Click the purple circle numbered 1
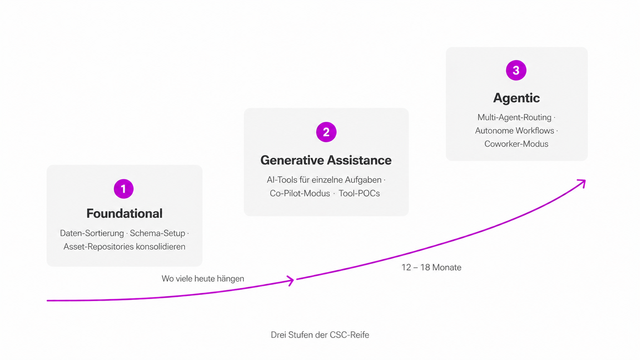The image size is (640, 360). [x=123, y=189]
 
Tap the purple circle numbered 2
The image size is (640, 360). [x=326, y=132]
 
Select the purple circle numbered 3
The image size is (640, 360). [x=516, y=70]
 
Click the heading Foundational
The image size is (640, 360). [x=124, y=213]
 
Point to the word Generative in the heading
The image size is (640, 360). [x=291, y=160]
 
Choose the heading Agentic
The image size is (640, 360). [x=516, y=98]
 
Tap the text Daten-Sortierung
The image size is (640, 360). [x=92, y=233]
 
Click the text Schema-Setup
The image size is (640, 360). [x=157, y=233]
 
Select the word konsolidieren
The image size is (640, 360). [x=160, y=246]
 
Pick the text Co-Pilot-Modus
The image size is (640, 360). [x=300, y=193]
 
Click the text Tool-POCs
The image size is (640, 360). [x=359, y=193]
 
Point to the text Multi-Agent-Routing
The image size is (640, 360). [x=514, y=117]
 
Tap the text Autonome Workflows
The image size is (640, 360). [x=514, y=130]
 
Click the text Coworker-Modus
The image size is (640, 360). [x=516, y=144]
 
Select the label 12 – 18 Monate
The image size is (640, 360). [x=431, y=267]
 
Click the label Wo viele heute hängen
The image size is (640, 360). [x=203, y=279]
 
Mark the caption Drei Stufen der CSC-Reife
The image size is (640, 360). [x=320, y=335]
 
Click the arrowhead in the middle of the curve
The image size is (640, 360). [x=290, y=281]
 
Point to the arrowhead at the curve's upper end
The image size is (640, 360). [x=582, y=183]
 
